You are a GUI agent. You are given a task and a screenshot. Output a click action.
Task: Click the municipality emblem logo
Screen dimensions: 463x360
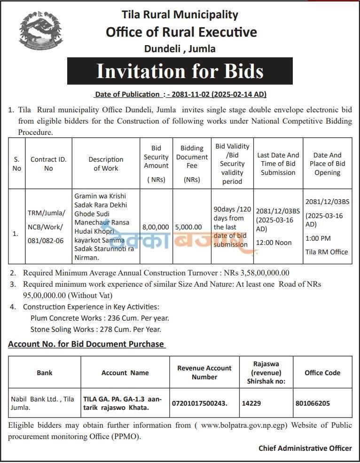click(x=41, y=32)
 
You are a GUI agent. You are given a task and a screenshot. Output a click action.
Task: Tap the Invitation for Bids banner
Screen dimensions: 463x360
click(x=180, y=71)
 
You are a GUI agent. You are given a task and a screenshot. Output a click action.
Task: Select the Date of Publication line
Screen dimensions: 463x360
click(x=180, y=94)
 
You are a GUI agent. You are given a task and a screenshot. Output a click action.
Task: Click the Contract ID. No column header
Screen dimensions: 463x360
click(x=48, y=164)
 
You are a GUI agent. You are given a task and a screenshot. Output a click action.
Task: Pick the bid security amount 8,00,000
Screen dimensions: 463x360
click(x=156, y=227)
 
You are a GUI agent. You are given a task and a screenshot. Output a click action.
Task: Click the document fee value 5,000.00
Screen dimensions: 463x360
click(x=188, y=227)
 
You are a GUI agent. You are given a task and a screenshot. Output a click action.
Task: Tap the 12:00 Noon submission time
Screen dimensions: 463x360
click(x=274, y=243)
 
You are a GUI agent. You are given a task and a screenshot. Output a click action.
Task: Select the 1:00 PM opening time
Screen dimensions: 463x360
click(x=318, y=238)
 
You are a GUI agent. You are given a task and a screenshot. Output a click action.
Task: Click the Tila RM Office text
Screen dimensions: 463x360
click(x=327, y=252)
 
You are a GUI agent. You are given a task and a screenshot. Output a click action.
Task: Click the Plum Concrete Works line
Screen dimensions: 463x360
click(x=100, y=318)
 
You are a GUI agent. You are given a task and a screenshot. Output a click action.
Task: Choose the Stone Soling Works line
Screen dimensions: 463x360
click(x=96, y=330)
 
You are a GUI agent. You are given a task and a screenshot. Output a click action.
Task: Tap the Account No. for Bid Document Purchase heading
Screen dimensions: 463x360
click(x=86, y=344)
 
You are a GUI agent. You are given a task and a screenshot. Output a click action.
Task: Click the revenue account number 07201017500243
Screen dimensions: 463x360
click(x=200, y=403)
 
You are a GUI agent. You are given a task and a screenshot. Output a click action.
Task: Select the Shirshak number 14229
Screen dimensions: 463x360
click(x=251, y=403)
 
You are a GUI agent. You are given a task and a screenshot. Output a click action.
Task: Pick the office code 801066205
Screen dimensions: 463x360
click(x=313, y=403)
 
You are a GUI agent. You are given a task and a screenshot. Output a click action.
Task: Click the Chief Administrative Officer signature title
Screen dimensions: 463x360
click(x=305, y=448)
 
